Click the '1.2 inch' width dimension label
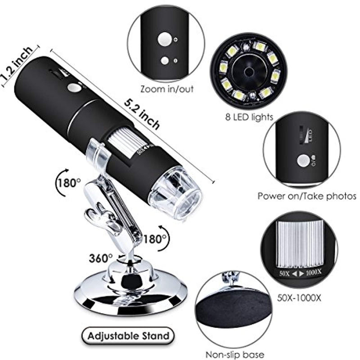[x=17, y=63]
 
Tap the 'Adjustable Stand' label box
[x=128, y=336]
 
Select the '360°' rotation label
[x=101, y=258]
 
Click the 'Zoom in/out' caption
[x=167, y=89]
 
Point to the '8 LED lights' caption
[x=249, y=117]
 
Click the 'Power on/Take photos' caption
[x=307, y=196]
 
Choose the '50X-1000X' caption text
[x=299, y=298]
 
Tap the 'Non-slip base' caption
[x=234, y=355]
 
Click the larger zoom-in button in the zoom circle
[x=165, y=39]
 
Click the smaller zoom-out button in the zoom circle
[x=165, y=61]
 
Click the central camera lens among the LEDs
[x=249, y=72]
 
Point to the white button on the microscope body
[x=74, y=88]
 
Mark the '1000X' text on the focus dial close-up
[x=314, y=273]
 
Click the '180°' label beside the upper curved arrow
[x=69, y=183]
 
